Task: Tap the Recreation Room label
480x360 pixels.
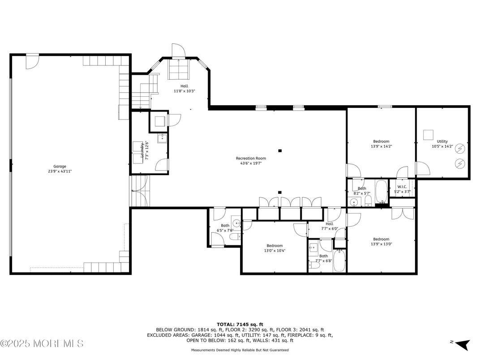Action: (x=251, y=158)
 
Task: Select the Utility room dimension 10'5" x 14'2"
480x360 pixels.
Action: (x=442, y=146)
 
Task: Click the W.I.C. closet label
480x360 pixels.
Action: (x=402, y=187)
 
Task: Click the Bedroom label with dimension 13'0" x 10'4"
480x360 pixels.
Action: (x=274, y=245)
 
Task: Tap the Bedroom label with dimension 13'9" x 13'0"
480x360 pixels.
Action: (x=381, y=239)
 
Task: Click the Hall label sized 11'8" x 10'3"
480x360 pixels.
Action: (x=184, y=86)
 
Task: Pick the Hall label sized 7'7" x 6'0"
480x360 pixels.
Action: (x=330, y=223)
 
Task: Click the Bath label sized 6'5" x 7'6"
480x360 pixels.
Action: (x=225, y=226)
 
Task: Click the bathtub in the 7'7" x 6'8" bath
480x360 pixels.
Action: (x=339, y=261)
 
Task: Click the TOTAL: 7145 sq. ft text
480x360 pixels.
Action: (x=240, y=324)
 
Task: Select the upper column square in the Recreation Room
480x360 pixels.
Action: (x=279, y=151)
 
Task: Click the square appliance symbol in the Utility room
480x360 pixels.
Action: (x=428, y=134)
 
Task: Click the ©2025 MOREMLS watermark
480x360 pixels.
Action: (x=42, y=343)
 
